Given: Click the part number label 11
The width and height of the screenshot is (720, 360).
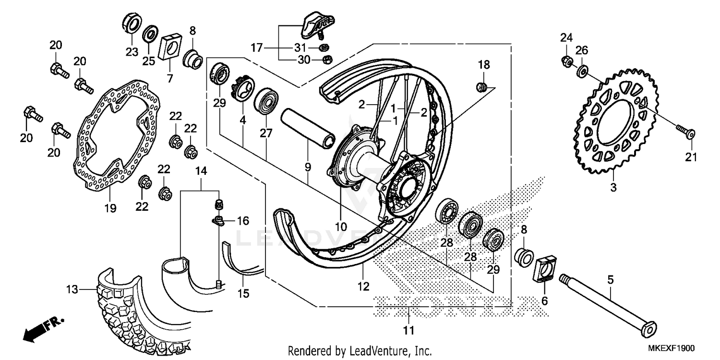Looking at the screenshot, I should coord(408,330).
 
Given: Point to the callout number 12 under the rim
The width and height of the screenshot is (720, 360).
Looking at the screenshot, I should coord(363,287).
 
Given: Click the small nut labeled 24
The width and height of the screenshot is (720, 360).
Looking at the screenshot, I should coord(567,61).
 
